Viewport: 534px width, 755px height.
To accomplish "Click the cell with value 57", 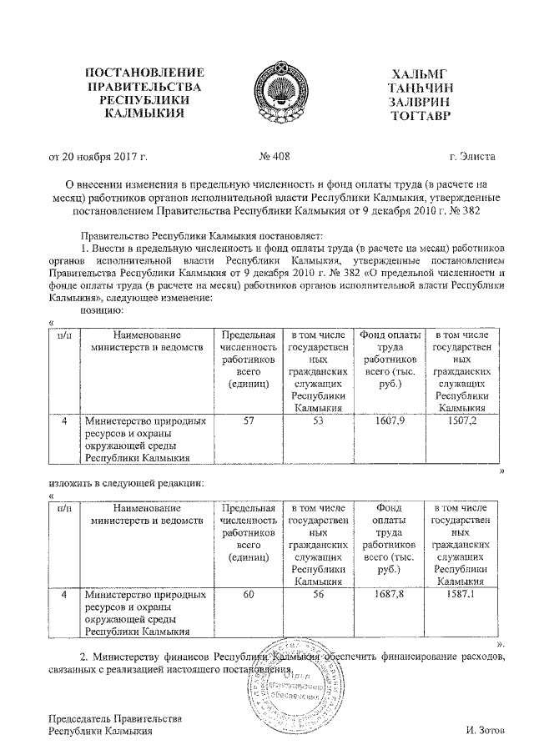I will pos(249,422).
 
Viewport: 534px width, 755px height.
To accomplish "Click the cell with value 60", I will pos(249,596).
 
